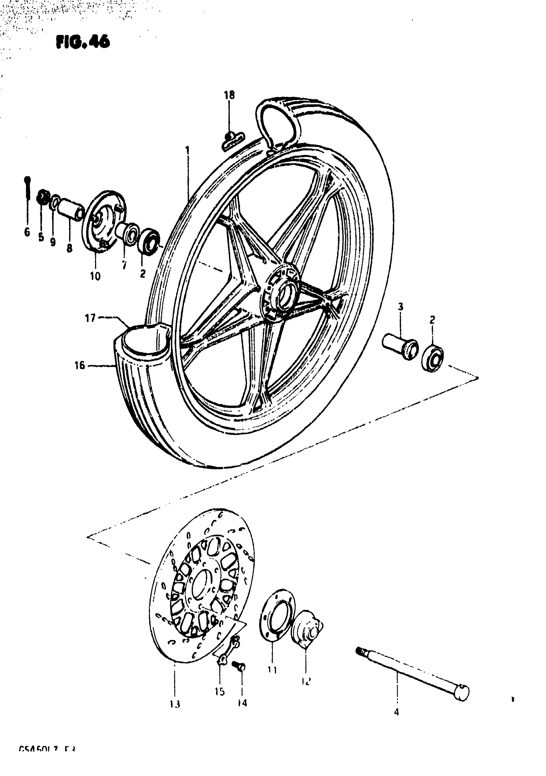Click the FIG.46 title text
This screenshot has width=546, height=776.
pos(83,42)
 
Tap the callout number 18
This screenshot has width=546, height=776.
pos(229,95)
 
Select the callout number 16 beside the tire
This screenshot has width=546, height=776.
pos(80,365)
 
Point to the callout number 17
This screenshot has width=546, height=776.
pos(90,318)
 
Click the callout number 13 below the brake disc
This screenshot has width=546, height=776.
pos(175,704)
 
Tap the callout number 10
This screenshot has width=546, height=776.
pos(95,276)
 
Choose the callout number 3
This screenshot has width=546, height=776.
pos(401,307)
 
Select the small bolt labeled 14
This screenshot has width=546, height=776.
pos(239,665)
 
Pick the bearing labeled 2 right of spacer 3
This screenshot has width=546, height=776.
pos(433,358)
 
